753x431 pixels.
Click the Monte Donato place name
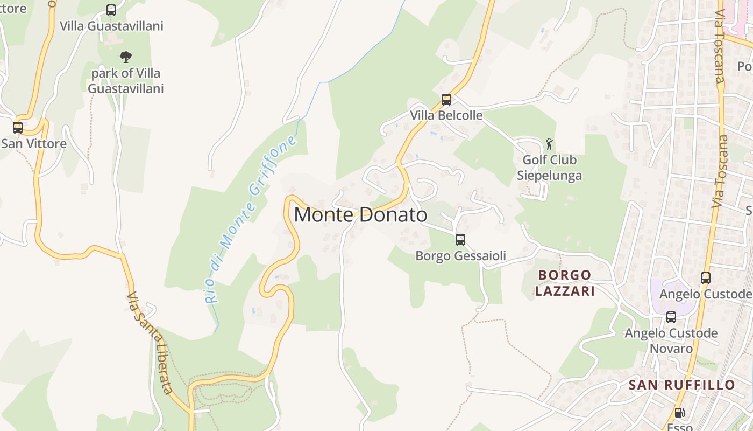tap(360, 215)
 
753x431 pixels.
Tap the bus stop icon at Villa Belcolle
tap(446, 100)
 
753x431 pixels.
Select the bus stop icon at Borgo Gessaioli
tap(460, 240)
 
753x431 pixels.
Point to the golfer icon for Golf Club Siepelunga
tap(549, 144)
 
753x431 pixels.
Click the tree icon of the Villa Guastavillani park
tap(126, 57)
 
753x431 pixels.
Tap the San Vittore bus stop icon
tap(18, 128)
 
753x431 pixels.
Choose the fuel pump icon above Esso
tap(679, 413)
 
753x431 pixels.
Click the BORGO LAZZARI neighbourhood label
tap(565, 283)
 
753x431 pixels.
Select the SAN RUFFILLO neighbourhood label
tap(681, 385)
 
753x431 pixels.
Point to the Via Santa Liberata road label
tap(151, 343)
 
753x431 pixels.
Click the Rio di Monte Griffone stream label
tap(251, 220)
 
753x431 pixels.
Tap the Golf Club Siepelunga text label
tap(549, 168)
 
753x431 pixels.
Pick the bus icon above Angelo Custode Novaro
tap(671, 317)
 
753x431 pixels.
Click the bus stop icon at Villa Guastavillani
tap(111, 10)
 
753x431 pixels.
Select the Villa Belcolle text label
tap(446, 115)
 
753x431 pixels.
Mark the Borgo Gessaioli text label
tap(460, 255)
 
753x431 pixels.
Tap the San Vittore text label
tap(33, 143)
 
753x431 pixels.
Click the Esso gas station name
tap(680, 427)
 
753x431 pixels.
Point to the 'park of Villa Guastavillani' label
tap(125, 80)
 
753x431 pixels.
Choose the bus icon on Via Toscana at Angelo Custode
tap(705, 278)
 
